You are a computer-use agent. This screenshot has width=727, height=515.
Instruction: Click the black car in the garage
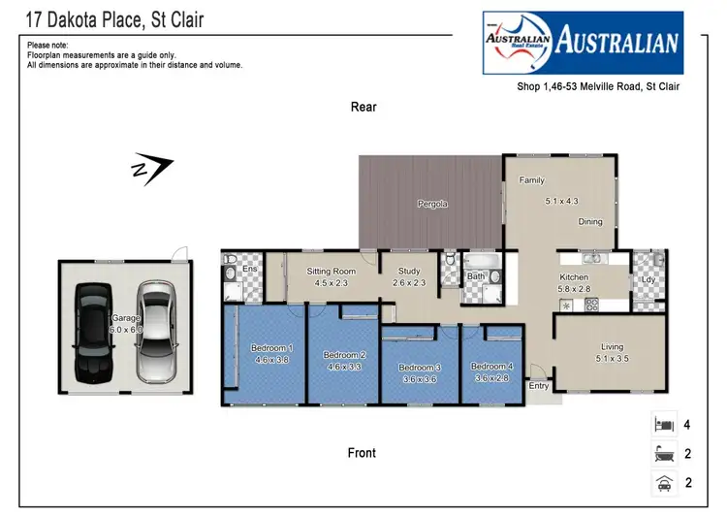(97, 331)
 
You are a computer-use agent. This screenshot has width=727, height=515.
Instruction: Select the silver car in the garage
(154, 331)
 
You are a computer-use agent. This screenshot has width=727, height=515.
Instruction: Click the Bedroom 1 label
(272, 347)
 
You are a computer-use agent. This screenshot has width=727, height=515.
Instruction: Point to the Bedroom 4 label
(491, 366)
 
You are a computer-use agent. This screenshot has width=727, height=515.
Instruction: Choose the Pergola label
(432, 204)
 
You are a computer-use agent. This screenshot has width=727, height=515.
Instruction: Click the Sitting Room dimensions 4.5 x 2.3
(332, 283)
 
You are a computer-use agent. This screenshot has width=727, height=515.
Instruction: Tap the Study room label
(409, 272)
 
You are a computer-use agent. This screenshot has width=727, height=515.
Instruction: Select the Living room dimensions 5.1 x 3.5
(612, 359)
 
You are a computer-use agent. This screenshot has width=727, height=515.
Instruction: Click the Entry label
(538, 386)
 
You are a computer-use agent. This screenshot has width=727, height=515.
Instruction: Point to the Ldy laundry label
(648, 280)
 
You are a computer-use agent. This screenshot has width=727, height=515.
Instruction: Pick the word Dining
(590, 222)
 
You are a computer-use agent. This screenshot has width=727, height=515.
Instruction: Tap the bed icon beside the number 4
(665, 424)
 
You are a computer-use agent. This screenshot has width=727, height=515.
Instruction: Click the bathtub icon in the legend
(665, 453)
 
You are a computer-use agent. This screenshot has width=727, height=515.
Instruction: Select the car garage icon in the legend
(665, 482)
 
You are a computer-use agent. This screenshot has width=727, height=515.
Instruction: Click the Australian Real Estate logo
(583, 42)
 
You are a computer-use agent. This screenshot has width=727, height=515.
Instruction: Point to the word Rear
(363, 108)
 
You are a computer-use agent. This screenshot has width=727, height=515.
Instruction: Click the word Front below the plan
(362, 453)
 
